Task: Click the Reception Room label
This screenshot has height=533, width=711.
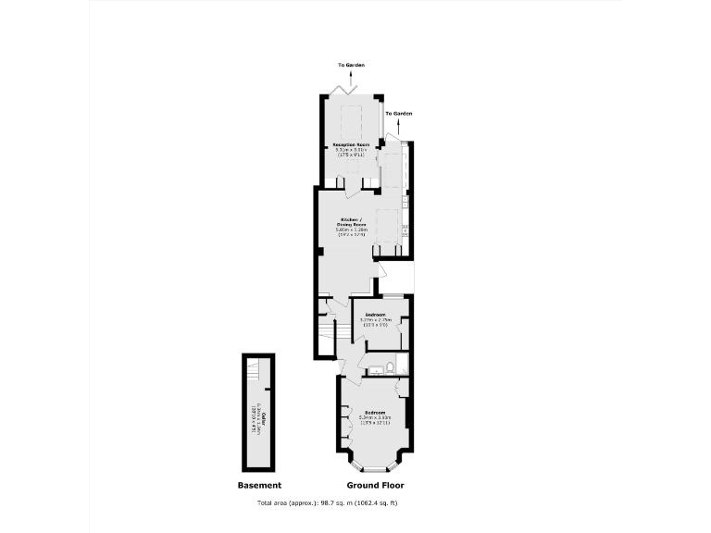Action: point(351,145)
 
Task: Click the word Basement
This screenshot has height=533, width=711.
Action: point(259,485)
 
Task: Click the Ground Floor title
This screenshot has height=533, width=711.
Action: point(375,485)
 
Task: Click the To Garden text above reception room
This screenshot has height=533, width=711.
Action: point(351,66)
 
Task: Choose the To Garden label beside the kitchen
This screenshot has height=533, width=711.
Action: point(398,114)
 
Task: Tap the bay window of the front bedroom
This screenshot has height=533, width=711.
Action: point(374,460)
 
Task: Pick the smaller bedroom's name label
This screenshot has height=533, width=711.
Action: point(375,315)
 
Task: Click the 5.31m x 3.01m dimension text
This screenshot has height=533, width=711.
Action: point(351,151)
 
